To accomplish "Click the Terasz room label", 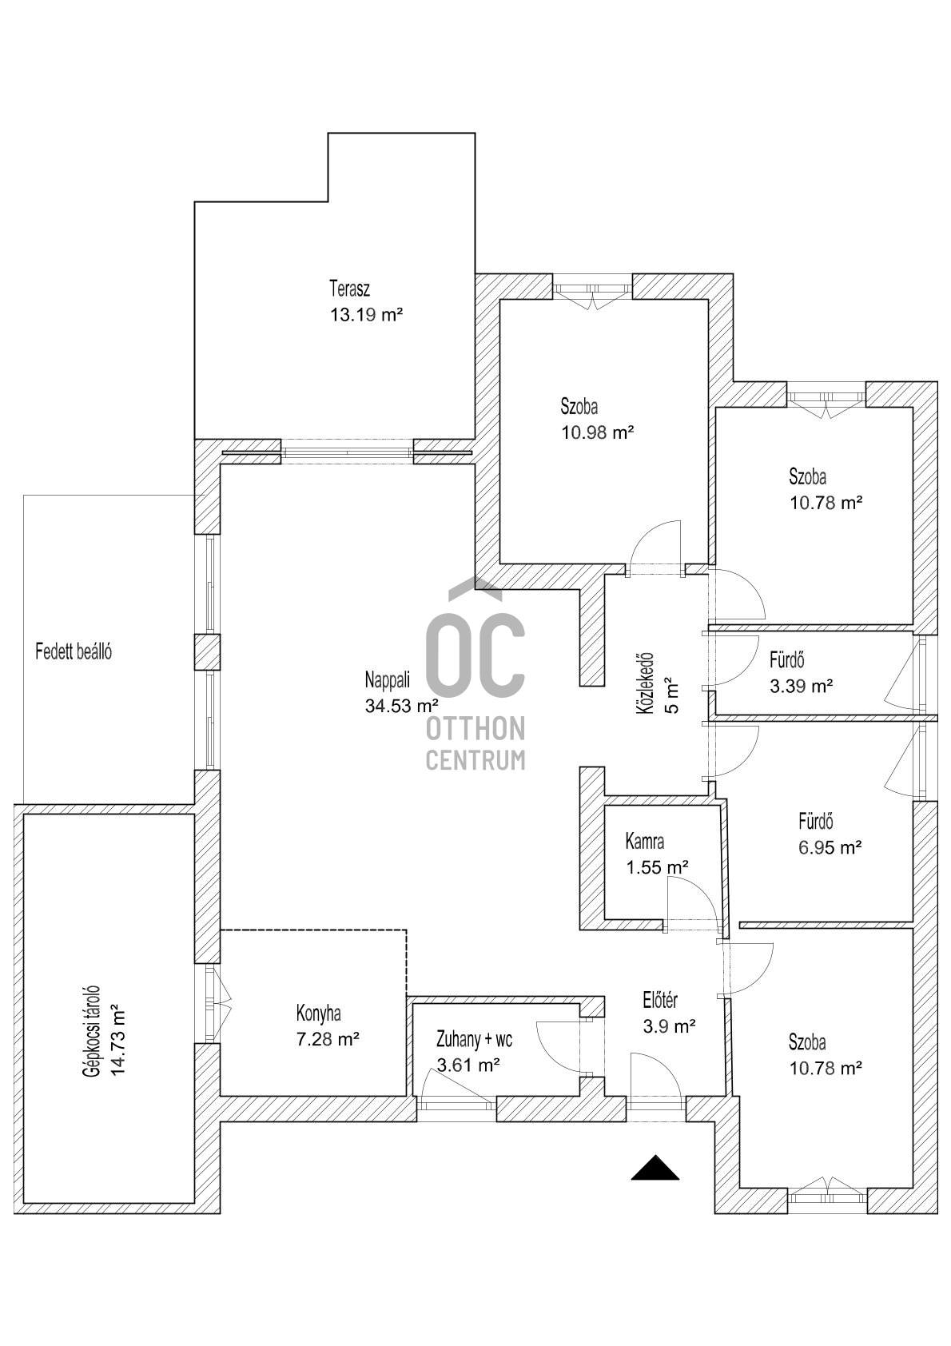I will tap(349, 289).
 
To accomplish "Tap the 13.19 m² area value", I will tap(365, 315).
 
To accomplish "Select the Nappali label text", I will tap(387, 680).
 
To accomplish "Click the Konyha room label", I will tap(318, 1013).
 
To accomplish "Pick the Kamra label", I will tap(645, 841).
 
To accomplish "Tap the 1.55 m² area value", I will tap(657, 867).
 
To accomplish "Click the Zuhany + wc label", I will tap(474, 1039).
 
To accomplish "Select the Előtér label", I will tap(660, 1000).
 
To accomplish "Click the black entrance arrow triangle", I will tap(655, 1169).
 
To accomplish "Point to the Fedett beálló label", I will tap(74, 651).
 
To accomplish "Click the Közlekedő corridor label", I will tap(646, 684).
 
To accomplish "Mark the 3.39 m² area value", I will tap(801, 686).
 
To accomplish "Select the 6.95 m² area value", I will tap(830, 847).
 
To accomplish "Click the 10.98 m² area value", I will tap(597, 432).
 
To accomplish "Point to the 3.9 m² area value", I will tap(669, 1025).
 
